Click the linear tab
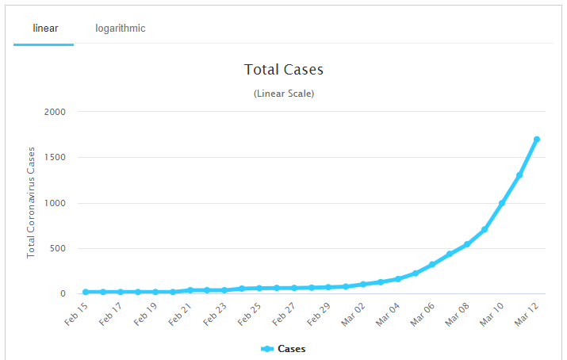(x=45, y=29)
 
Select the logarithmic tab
(x=121, y=29)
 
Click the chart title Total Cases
(x=284, y=70)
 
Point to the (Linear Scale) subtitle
(x=284, y=94)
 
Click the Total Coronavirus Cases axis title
(x=32, y=201)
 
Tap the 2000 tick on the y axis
(x=77, y=112)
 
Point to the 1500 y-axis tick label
(x=77, y=157)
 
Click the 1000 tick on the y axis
(x=77, y=203)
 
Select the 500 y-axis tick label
(x=79, y=248)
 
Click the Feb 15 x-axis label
(x=75, y=314)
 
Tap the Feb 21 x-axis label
(x=180, y=314)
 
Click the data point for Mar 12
(x=537, y=140)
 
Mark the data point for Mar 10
(x=502, y=203)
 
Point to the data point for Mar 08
(x=467, y=244)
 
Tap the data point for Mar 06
(x=432, y=264)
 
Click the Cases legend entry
(x=284, y=349)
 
